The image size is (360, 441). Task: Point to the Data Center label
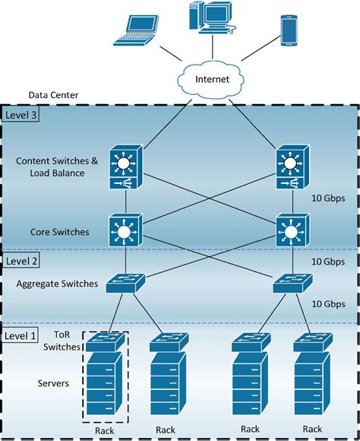point(54,96)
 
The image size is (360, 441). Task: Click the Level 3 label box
point(21,115)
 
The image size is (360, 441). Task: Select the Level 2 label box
point(21,260)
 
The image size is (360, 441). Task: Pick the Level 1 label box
point(21,335)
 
